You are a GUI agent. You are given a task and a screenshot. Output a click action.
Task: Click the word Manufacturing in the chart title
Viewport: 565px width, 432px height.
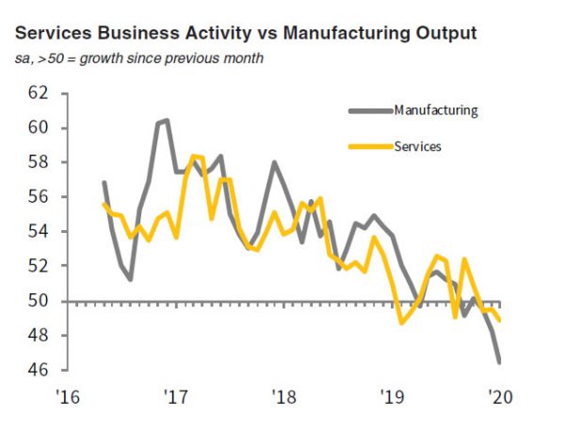click(x=319, y=34)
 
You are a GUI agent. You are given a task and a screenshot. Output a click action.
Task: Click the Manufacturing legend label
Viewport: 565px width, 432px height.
click(x=436, y=110)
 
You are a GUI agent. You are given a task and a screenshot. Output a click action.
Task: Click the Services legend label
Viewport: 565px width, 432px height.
click(x=418, y=146)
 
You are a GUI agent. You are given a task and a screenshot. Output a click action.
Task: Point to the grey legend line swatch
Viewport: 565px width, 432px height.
click(x=369, y=110)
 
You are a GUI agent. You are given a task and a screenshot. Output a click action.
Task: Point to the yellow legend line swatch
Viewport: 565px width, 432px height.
click(x=369, y=146)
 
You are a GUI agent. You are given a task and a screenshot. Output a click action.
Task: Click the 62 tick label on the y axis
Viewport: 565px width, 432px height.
click(x=38, y=93)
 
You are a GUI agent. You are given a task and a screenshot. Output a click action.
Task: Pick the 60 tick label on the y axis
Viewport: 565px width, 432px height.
click(x=38, y=128)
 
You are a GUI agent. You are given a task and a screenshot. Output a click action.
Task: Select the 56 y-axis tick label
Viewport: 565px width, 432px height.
click(x=38, y=197)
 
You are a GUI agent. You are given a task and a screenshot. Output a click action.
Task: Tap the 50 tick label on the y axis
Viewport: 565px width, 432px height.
click(x=38, y=301)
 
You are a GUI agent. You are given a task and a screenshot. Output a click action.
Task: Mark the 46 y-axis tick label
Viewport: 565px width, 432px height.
click(x=38, y=371)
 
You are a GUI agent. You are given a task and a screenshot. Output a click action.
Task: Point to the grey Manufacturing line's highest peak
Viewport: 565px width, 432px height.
click(x=167, y=121)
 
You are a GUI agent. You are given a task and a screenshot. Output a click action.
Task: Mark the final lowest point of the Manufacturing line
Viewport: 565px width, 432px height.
click(x=499, y=361)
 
